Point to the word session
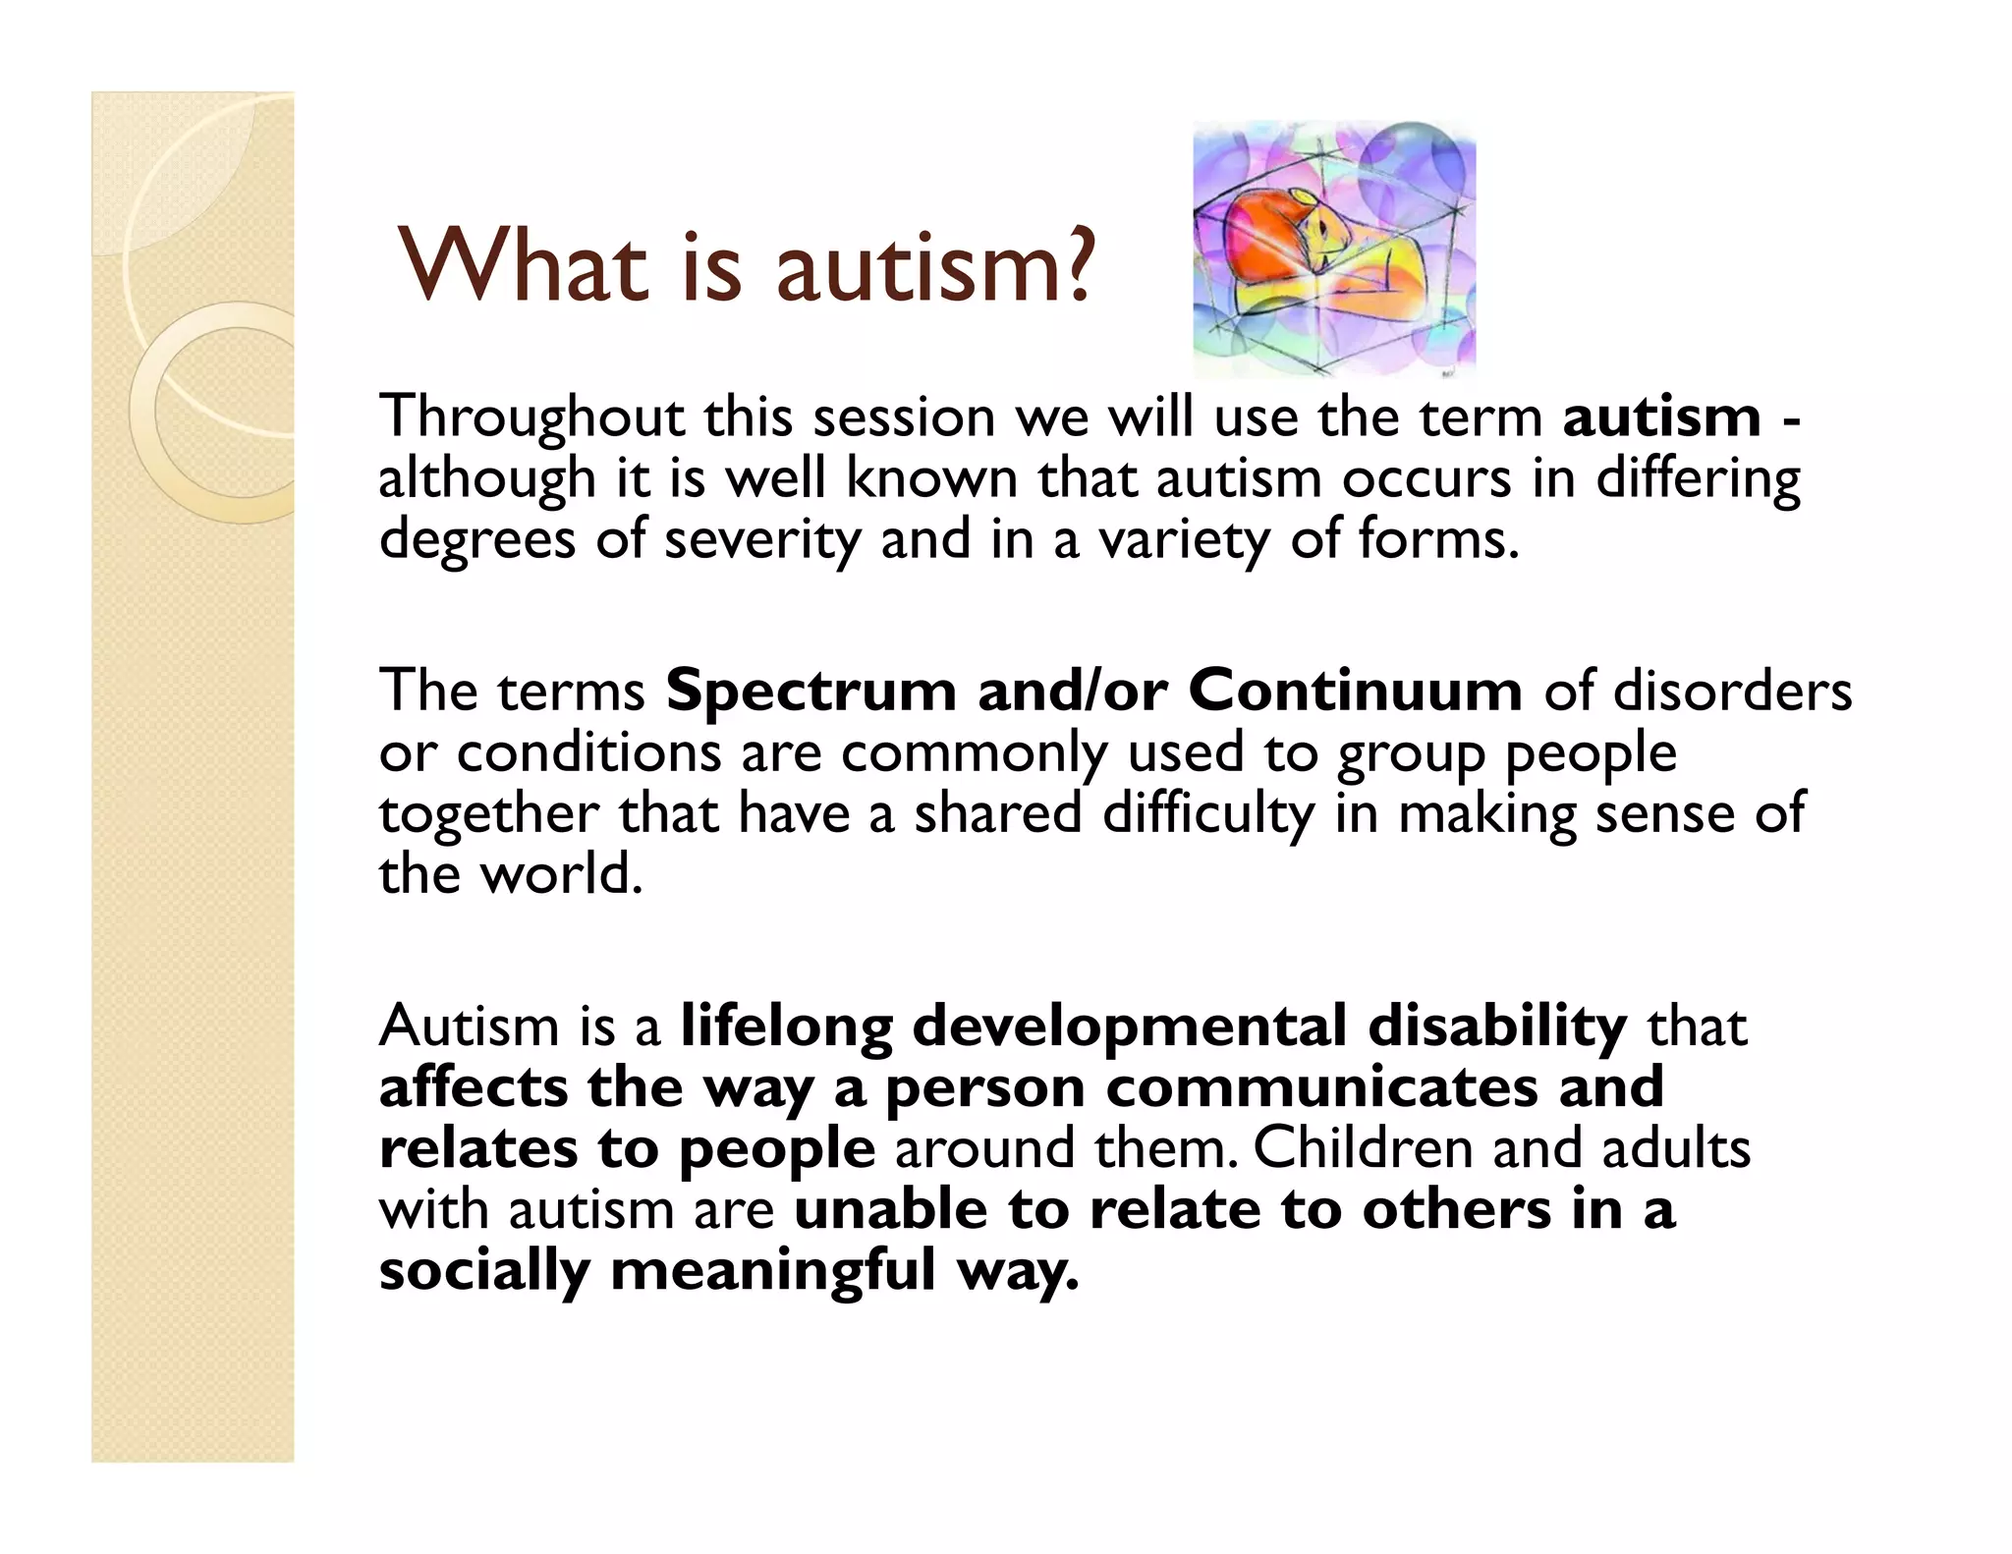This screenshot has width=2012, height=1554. [x=904, y=417]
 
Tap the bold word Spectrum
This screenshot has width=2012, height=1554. [x=810, y=692]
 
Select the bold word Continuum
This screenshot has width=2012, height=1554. [x=1356, y=691]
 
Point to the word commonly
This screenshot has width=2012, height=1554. [x=974, y=754]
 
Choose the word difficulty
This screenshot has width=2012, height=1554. [x=1208, y=815]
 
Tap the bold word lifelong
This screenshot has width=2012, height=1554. [x=787, y=1027]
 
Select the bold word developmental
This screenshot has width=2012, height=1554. [x=1130, y=1027]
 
